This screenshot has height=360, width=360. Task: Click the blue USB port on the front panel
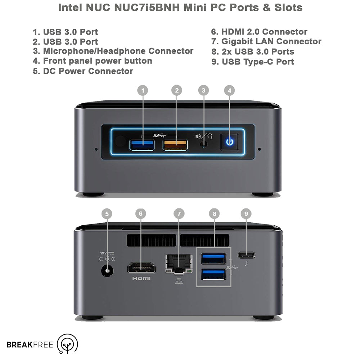point(142,145)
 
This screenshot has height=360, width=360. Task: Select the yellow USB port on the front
point(175,145)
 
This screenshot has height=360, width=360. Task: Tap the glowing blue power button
point(229,142)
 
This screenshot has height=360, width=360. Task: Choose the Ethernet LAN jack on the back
point(179,264)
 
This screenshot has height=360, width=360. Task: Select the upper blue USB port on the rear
point(213,258)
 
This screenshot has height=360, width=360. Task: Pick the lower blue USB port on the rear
point(213,274)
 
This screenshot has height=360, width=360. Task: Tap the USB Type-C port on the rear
point(246,255)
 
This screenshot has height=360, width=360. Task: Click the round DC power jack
point(107,270)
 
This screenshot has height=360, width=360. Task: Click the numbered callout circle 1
point(143,90)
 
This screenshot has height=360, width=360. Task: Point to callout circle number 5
point(107,214)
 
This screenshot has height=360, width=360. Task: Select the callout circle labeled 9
point(246,214)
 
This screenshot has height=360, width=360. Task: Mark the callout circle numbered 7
point(179,214)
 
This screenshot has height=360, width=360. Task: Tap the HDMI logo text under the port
point(141,279)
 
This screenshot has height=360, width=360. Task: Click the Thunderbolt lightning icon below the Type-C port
point(246,264)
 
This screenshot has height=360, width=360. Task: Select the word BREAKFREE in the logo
point(30,345)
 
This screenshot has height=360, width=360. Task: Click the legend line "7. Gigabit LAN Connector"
point(266,41)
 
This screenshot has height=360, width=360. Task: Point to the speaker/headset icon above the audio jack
point(204,136)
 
